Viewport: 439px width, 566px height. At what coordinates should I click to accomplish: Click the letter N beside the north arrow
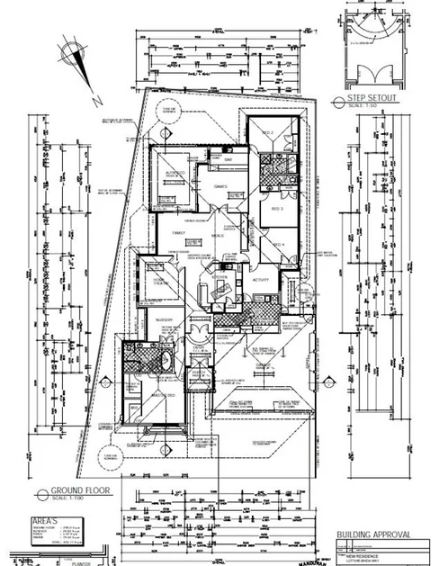point(94,103)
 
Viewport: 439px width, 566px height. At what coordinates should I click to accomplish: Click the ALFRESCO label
point(173,170)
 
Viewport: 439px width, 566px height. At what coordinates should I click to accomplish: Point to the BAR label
point(228,161)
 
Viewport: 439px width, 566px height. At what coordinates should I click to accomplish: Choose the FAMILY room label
point(179,231)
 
